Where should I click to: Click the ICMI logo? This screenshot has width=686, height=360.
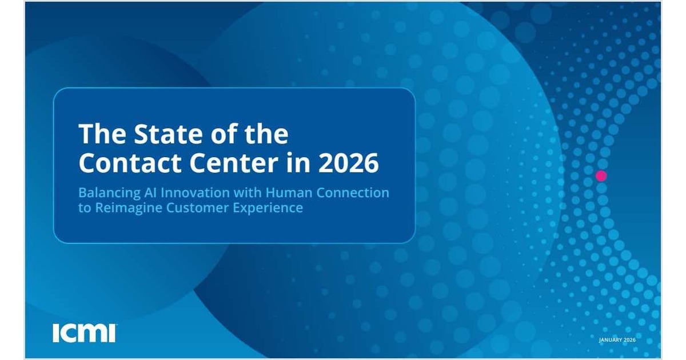[84, 333]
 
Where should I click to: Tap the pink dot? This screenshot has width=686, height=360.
[601, 175]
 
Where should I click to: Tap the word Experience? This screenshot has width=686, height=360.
[267, 208]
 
